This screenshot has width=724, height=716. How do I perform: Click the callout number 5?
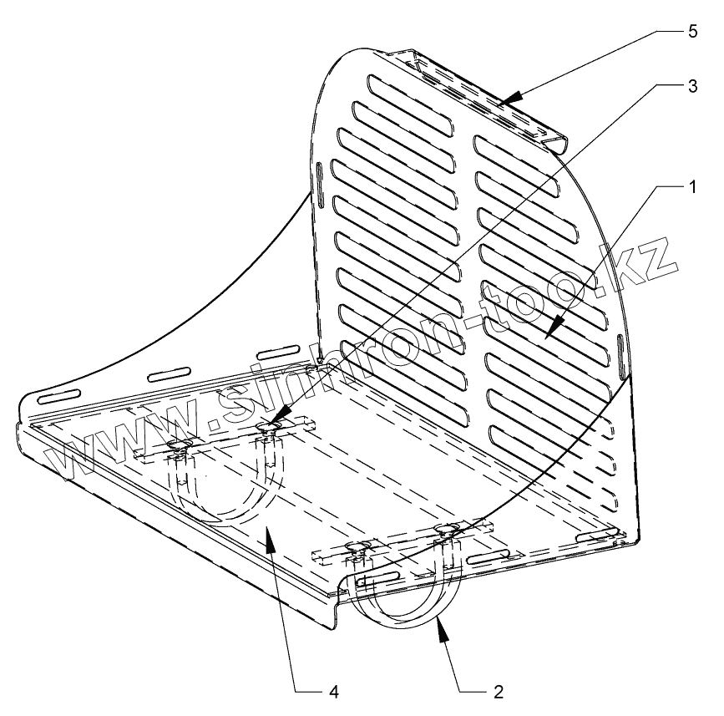[692, 30]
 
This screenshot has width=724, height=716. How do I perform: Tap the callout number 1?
[692, 188]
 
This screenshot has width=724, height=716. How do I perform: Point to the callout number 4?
[332, 692]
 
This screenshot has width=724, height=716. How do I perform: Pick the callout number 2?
[499, 692]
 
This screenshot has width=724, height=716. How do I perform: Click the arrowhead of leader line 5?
[509, 101]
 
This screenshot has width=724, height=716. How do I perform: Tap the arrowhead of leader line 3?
[276, 419]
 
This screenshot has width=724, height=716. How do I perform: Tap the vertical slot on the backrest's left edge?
[319, 182]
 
